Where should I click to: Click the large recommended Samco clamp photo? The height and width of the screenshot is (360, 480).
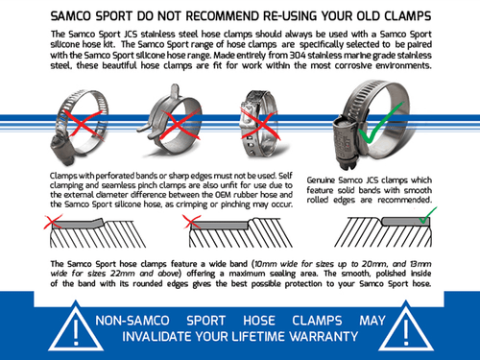pyautogui.click(x=372, y=125)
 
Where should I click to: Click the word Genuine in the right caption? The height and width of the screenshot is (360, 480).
pyautogui.click(x=324, y=180)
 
